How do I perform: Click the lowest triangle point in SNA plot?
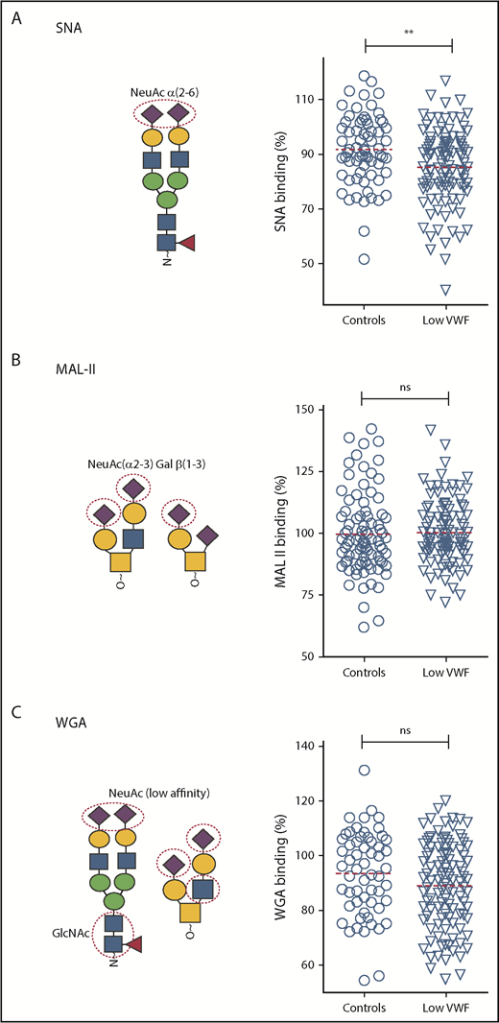[x=444, y=290]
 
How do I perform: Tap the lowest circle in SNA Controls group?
[x=365, y=259]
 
